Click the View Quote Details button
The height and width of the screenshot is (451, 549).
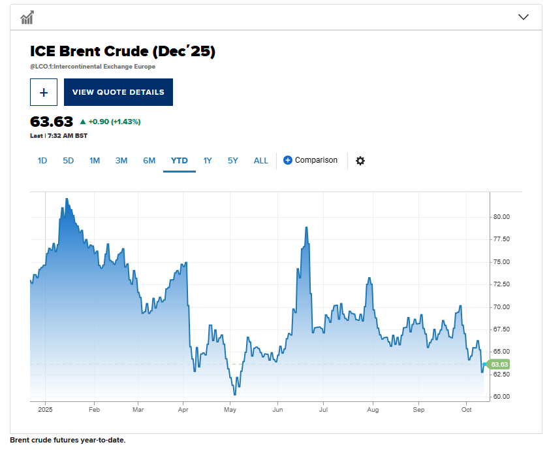(118, 92)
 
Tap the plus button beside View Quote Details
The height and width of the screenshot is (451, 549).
(44, 92)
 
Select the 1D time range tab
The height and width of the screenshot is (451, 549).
(42, 161)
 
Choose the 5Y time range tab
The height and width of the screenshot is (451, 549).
(233, 161)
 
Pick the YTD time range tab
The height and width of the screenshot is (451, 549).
(180, 161)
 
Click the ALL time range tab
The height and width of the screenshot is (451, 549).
(261, 161)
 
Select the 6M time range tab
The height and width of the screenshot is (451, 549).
(149, 161)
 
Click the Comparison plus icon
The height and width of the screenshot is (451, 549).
(288, 160)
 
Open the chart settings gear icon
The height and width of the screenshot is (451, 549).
(360, 161)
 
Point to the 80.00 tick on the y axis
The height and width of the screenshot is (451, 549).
(501, 217)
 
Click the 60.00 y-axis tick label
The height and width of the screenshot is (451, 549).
(501, 397)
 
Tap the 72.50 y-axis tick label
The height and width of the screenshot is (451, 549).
(501, 284)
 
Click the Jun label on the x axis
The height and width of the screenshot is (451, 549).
(277, 410)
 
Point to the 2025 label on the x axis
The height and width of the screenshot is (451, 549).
(45, 410)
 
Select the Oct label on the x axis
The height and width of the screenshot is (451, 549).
(466, 410)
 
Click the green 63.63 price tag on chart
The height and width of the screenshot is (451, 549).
(499, 364)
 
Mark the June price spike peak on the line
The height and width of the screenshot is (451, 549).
(306, 227)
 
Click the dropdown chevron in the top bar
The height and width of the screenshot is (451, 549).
(523, 17)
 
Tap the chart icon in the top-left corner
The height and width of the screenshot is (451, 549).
(27, 18)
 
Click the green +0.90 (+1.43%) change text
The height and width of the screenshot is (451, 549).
(114, 122)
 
